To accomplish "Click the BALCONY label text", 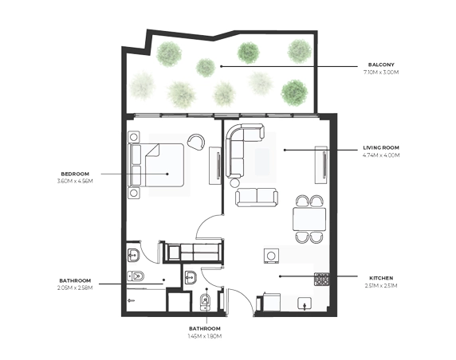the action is click(381, 65).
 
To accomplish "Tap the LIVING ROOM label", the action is click(381, 147).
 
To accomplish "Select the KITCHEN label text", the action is click(381, 278).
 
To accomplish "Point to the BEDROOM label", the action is click(75, 174).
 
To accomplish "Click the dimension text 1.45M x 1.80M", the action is click(205, 336).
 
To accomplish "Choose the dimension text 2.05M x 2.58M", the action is click(75, 288).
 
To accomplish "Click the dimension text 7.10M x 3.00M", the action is click(381, 72).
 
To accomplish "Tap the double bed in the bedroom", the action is click(156, 165).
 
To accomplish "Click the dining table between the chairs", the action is click(309, 219).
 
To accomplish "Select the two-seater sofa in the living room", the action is click(257, 198).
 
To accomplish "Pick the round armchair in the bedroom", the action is click(196, 142).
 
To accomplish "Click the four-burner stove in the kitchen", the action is click(321, 279).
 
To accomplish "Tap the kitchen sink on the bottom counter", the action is click(305, 303).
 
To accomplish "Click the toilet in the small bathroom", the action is click(205, 302).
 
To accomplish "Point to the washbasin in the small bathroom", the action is click(191, 277).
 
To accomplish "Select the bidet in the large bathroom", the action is click(136, 276).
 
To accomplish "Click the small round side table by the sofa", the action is click(234, 183).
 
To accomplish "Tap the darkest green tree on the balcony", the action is click(294, 92).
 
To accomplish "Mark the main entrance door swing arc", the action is click(245, 296).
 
